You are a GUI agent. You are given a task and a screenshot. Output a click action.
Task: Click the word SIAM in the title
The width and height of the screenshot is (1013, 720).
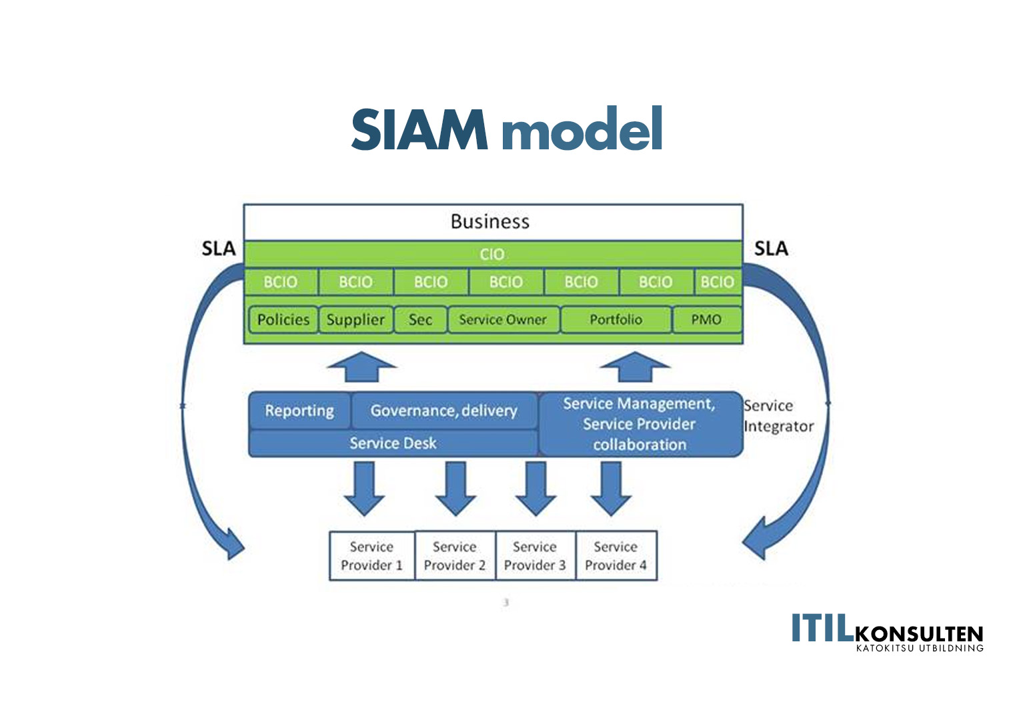click(x=419, y=129)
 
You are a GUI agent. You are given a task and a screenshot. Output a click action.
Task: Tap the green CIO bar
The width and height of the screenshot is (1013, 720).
click(x=492, y=254)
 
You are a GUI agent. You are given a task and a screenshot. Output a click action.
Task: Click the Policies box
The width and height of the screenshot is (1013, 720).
click(x=283, y=320)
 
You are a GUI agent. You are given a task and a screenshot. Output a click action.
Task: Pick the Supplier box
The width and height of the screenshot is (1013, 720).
click(x=355, y=320)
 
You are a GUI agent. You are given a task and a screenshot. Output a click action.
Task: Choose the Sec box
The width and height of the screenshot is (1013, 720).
click(x=420, y=320)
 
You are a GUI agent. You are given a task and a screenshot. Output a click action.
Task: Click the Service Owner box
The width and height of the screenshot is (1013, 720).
click(x=503, y=320)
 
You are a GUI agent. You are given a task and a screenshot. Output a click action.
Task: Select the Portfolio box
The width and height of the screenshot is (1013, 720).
click(x=616, y=320)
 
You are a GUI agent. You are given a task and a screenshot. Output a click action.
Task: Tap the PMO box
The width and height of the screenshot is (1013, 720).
click(x=706, y=320)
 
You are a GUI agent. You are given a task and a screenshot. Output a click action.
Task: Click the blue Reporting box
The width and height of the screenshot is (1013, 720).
click(x=299, y=411)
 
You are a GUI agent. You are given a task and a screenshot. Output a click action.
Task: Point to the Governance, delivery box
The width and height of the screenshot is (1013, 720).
click(x=443, y=411)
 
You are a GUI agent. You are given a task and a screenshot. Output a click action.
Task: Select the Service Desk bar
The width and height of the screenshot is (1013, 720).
click(x=393, y=443)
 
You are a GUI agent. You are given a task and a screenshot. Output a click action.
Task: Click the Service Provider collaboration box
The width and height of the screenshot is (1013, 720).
click(x=640, y=425)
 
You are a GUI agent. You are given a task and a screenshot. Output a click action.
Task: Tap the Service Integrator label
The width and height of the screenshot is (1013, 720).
click(x=778, y=416)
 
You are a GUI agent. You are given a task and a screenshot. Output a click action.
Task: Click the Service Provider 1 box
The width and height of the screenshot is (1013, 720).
click(x=371, y=556)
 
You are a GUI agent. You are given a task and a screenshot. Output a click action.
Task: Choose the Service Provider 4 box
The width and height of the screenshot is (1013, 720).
click(x=616, y=556)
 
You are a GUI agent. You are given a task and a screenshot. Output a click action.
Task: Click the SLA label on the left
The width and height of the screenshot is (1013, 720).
click(x=219, y=249)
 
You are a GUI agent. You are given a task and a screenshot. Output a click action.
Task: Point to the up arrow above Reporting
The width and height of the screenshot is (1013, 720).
click(x=361, y=367)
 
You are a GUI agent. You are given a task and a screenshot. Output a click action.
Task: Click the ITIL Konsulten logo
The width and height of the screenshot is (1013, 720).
click(x=887, y=631)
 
